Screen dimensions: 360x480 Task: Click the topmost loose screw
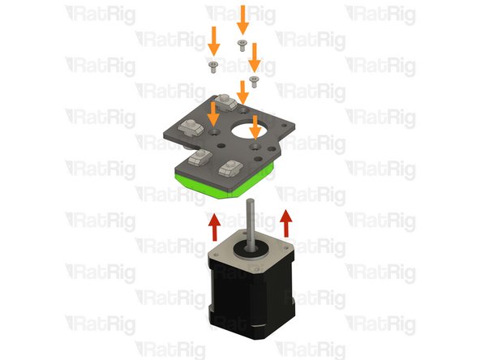pos(241,42)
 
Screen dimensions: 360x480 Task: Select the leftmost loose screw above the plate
pos(214,64)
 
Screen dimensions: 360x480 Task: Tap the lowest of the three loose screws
pos(254,79)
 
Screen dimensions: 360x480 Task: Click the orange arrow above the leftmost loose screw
pos(214,39)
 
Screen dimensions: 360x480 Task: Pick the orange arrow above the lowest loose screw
pos(254,57)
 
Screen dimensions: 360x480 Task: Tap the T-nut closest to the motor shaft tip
pos(230,165)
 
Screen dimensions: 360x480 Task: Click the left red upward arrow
pos(214,225)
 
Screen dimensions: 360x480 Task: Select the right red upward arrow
pos(285,221)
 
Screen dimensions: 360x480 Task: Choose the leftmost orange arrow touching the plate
pos(213,113)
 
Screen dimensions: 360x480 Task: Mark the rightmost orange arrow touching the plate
pos(255,126)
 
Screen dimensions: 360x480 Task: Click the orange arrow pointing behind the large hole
pos(242,91)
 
